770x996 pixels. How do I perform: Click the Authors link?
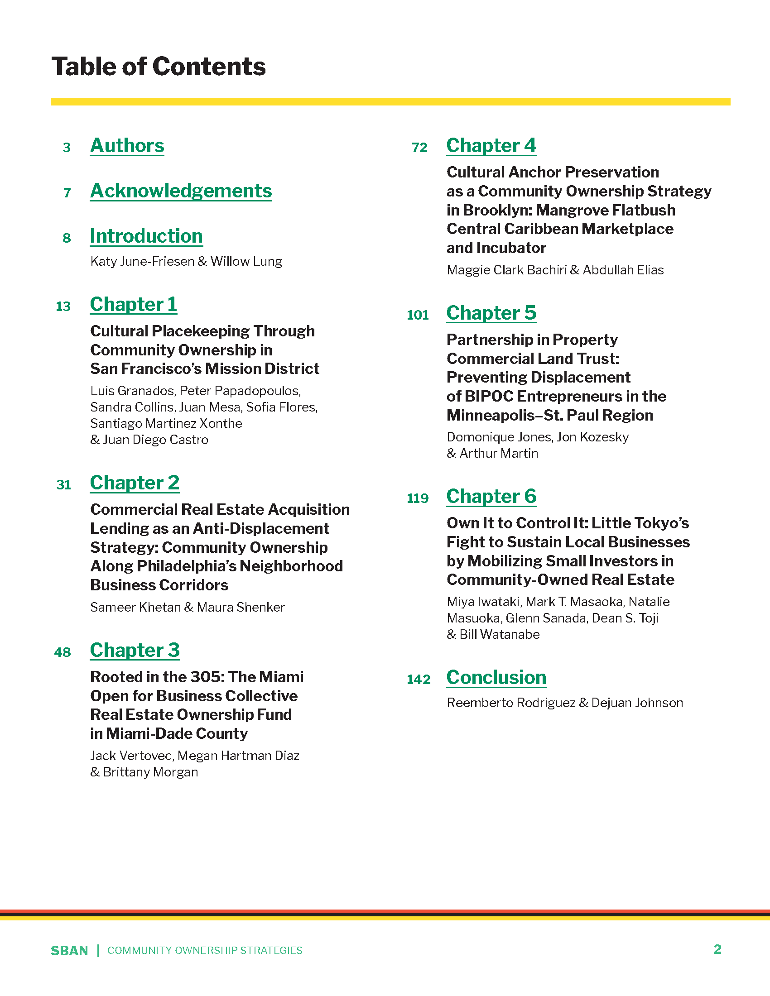[x=127, y=146]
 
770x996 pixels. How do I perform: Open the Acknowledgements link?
[x=181, y=191]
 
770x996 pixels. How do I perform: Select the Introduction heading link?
[x=146, y=236]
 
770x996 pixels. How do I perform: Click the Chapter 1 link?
[x=133, y=305]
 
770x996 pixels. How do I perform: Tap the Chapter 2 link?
[x=135, y=483]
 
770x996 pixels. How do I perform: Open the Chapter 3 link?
[x=135, y=650]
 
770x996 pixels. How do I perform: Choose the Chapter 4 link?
[x=491, y=146]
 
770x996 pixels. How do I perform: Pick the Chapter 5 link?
[x=491, y=313]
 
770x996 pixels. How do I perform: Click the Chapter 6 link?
[x=491, y=497]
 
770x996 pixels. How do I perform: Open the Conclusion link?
[x=496, y=678]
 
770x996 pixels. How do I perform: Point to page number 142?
[x=419, y=680]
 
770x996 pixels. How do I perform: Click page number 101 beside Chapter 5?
[x=418, y=315]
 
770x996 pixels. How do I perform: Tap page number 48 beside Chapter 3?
[x=63, y=652]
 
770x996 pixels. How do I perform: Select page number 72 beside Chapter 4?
[x=419, y=148]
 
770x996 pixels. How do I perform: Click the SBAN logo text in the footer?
[x=69, y=951]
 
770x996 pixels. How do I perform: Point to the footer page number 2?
[x=717, y=949]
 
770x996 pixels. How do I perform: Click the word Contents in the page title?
[x=209, y=67]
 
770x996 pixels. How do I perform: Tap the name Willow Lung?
[x=246, y=261]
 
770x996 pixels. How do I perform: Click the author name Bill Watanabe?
[x=500, y=634]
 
